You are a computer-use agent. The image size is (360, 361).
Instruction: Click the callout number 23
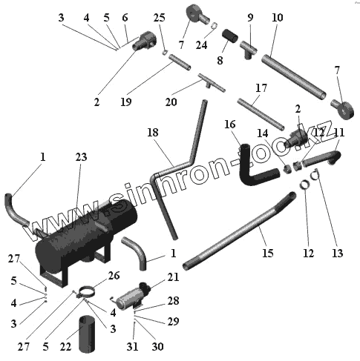(82, 157)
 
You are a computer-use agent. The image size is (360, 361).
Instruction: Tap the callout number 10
(278, 18)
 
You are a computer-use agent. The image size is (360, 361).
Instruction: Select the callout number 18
(153, 133)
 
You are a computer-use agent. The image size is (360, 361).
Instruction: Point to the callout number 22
(65, 347)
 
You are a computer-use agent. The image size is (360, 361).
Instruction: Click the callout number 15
(268, 253)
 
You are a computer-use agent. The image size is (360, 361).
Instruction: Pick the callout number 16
(230, 125)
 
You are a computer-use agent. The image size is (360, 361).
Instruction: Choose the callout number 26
(114, 276)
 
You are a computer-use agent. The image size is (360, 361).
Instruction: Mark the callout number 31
(132, 347)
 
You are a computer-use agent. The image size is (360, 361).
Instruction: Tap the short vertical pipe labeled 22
(87, 334)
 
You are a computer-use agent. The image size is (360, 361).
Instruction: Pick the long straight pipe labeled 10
(294, 77)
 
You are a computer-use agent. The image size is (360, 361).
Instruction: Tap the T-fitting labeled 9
(249, 49)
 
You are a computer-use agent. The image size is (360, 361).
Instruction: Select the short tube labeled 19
(180, 62)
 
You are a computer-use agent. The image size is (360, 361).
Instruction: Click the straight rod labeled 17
(261, 114)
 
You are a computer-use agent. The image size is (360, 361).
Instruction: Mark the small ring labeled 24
(215, 25)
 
